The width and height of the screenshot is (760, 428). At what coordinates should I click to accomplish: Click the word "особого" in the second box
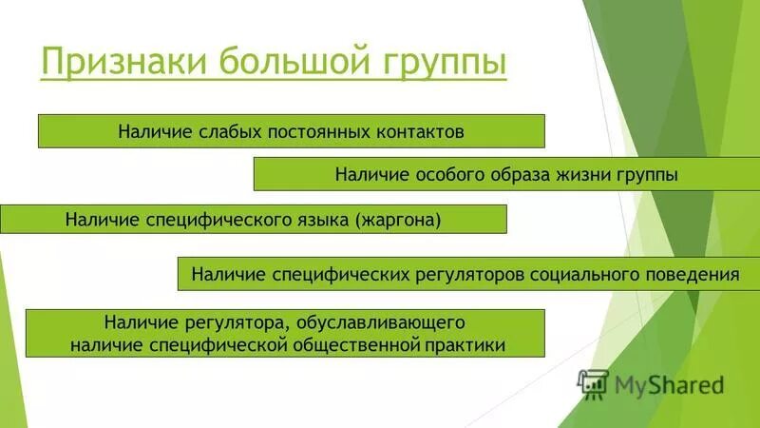[445, 175]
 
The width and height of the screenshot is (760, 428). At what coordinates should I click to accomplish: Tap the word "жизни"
[589, 175]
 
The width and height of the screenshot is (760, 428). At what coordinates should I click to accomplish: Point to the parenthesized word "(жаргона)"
[400, 220]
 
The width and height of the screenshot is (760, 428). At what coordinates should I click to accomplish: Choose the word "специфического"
[219, 220]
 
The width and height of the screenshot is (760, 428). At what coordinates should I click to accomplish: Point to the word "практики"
[465, 344]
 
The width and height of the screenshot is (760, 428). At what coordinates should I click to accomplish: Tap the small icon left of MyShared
[593, 383]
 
